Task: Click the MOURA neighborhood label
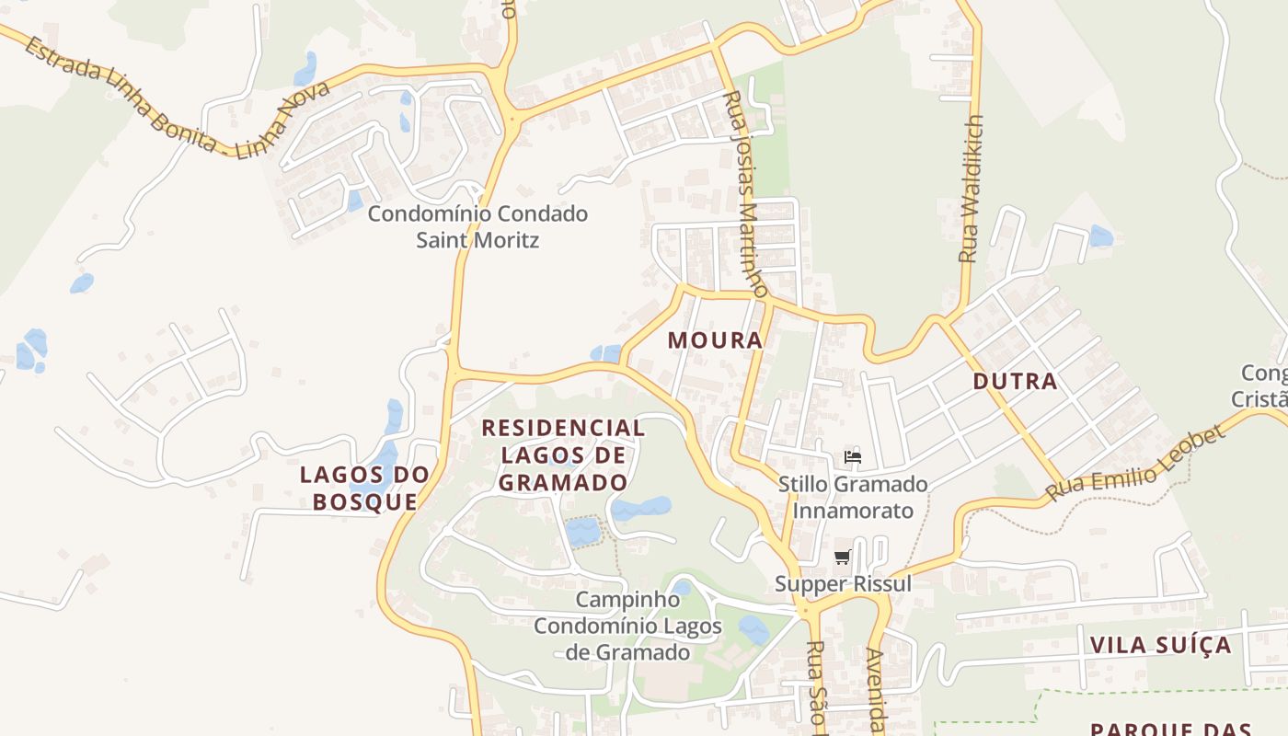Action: tap(715, 339)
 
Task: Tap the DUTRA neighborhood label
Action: tap(1015, 381)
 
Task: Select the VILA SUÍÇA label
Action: tap(1160, 644)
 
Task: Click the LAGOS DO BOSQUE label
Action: tap(364, 488)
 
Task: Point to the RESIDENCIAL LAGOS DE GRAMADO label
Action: tap(563, 454)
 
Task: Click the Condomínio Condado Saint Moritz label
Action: tap(477, 226)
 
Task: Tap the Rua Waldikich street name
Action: tap(970, 189)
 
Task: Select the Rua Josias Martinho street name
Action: tap(745, 193)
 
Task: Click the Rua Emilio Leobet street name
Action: tap(1135, 463)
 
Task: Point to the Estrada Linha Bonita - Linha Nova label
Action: tap(175, 98)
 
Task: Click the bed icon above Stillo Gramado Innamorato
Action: tap(852, 456)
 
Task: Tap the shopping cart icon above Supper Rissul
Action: tap(842, 557)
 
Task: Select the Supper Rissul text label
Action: tap(843, 583)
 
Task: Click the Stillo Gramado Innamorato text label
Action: tap(853, 497)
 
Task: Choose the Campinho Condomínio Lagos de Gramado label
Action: tap(627, 626)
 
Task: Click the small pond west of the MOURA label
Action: tap(606, 353)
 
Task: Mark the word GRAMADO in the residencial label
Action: tap(563, 482)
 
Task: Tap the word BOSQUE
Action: tap(364, 501)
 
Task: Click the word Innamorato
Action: tap(853, 511)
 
